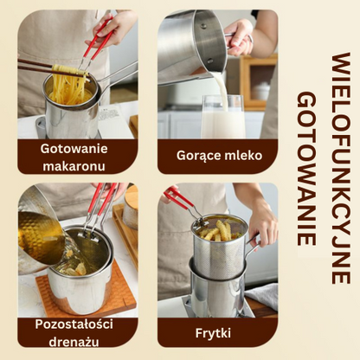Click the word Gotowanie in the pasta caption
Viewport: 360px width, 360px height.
coord(74,149)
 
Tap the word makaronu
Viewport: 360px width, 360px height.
coord(74,166)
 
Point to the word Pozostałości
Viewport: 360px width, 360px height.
coord(74,325)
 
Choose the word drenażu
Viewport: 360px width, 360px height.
coord(74,342)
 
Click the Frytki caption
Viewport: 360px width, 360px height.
coord(213,333)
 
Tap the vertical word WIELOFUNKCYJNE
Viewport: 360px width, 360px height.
coord(340,168)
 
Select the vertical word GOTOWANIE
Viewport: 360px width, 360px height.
coord(306,169)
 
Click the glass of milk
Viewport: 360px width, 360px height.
coord(223,117)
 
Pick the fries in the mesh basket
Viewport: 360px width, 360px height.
coord(220,231)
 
